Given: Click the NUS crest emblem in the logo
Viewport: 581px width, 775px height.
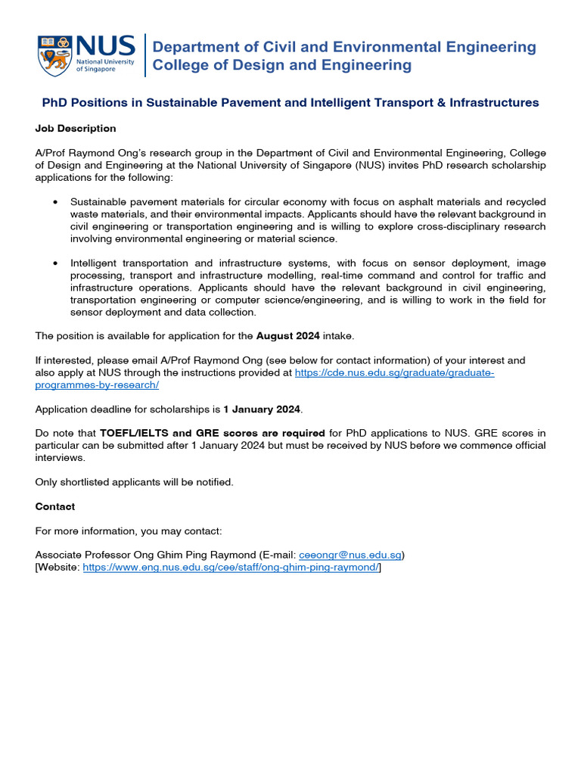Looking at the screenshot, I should pyautogui.click(x=56, y=54).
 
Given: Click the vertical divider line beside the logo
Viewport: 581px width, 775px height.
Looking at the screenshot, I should pyautogui.click(x=144, y=55).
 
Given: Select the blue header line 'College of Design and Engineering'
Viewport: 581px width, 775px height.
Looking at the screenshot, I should pyautogui.click(x=282, y=65).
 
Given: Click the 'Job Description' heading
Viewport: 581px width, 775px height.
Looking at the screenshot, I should pyautogui.click(x=76, y=129).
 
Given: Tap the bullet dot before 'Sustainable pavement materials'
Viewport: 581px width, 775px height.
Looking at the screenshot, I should pyautogui.click(x=55, y=202).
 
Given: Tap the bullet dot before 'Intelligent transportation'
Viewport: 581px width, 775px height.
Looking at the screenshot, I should pyautogui.click(x=55, y=263).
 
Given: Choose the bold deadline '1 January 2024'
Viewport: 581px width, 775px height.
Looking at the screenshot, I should pyautogui.click(x=262, y=409).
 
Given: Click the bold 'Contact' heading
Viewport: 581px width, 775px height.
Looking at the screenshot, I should pyautogui.click(x=55, y=506).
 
